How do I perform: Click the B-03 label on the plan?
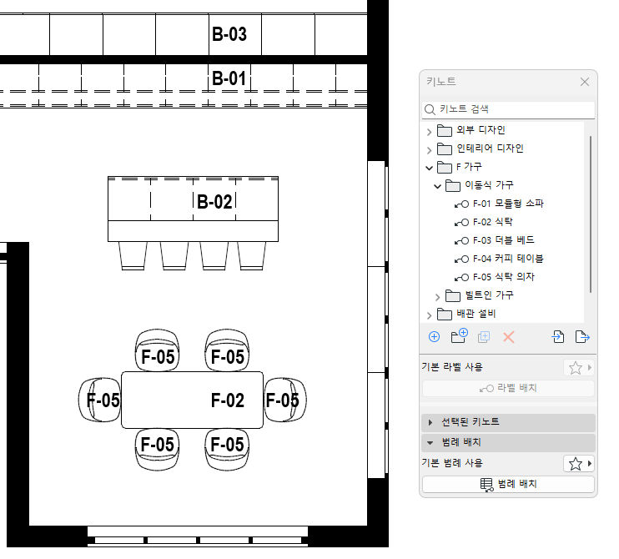click(229, 34)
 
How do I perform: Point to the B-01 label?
click(229, 78)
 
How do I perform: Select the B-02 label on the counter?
click(214, 202)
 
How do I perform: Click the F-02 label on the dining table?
click(228, 400)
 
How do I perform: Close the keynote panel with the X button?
click(585, 82)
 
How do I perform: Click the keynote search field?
click(509, 109)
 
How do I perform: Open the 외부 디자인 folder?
click(481, 130)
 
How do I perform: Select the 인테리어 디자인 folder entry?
click(490, 149)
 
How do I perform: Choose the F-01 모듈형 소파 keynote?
click(508, 204)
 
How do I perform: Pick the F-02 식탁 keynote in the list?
click(493, 222)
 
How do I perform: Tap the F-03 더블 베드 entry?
click(503, 240)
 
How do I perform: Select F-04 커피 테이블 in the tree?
click(508, 259)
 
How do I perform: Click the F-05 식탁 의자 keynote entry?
click(503, 277)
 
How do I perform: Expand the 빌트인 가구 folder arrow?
click(437, 296)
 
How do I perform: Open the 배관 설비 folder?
click(476, 314)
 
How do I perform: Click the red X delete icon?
click(509, 337)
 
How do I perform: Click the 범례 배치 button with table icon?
click(509, 484)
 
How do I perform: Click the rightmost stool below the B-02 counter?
click(251, 256)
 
